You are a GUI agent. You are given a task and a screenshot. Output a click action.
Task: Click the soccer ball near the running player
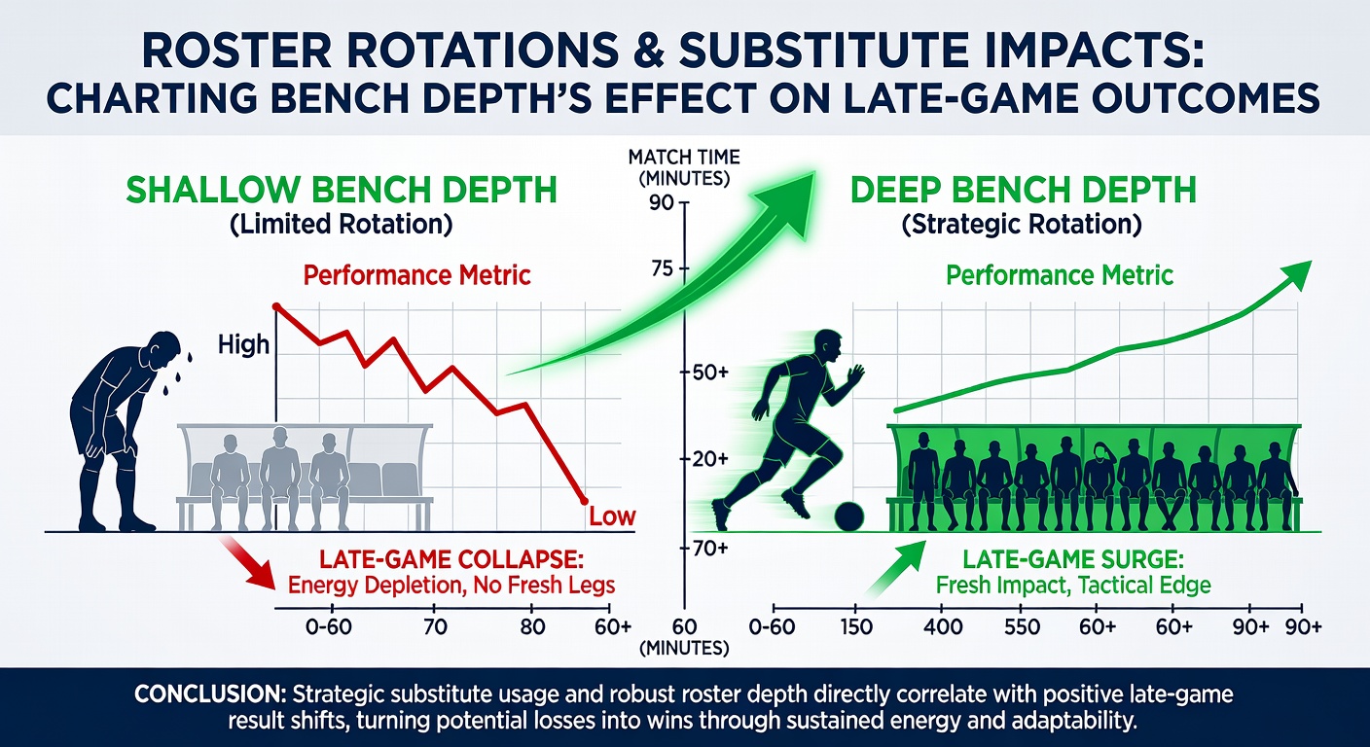tap(848, 517)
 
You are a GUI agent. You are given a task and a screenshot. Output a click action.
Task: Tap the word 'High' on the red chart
tap(243, 344)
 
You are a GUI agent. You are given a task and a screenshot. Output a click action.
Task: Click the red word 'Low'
tap(612, 517)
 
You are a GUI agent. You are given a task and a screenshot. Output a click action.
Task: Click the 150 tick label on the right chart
tap(856, 626)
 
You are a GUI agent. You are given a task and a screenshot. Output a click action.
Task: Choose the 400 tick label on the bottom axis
tap(943, 626)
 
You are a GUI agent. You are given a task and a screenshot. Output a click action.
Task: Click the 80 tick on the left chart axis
tap(531, 626)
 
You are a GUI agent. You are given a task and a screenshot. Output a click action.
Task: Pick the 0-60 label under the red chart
tap(329, 626)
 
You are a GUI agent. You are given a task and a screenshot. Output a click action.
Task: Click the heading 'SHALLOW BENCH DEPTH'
tap(342, 190)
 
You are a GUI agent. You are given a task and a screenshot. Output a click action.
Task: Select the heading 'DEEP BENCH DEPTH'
tap(1024, 190)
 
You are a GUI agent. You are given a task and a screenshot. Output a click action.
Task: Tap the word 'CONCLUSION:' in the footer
tap(210, 695)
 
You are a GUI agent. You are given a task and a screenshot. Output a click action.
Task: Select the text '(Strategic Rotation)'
tap(1022, 225)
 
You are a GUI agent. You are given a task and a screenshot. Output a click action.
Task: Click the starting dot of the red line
tap(275, 306)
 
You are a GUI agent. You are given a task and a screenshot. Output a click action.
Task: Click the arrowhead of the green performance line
tap(1294, 275)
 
